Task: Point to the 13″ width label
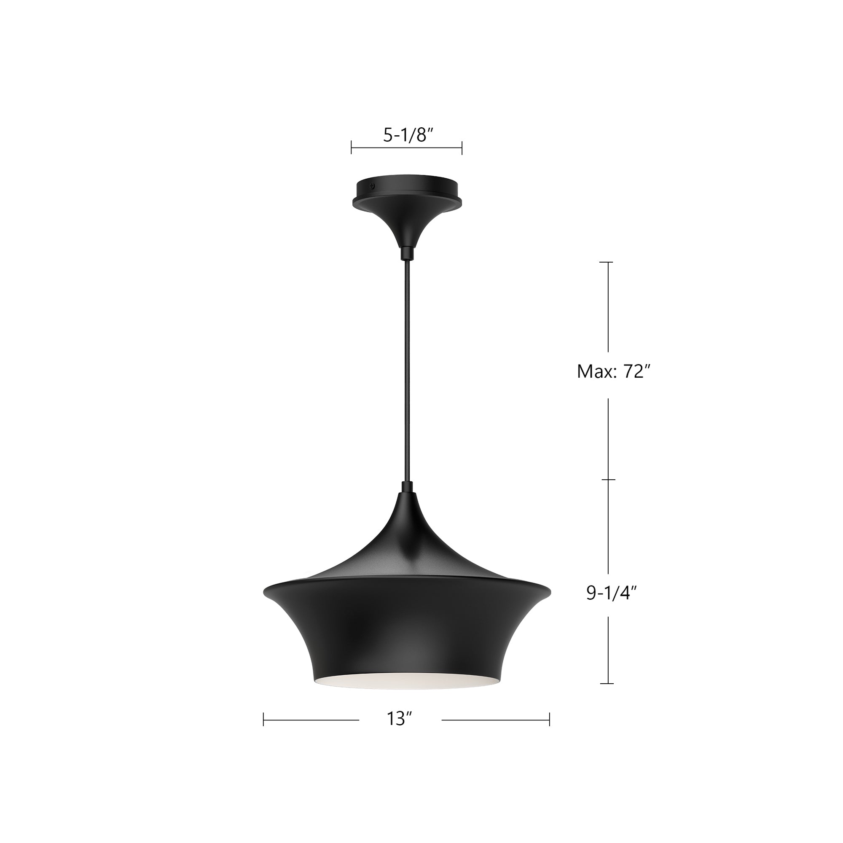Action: [x=399, y=719]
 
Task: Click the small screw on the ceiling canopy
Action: [x=372, y=185]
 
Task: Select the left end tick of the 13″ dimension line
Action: [x=263, y=719]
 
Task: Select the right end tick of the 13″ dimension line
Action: [x=549, y=719]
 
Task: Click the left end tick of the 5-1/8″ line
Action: [x=352, y=148]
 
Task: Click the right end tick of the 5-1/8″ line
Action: [x=462, y=148]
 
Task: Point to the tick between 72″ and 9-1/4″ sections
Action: [x=609, y=480]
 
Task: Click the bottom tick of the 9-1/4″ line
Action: [x=607, y=683]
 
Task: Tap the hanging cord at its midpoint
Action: [x=407, y=371]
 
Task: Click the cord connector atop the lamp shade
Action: [x=407, y=486]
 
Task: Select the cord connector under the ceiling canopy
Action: [x=407, y=252]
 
